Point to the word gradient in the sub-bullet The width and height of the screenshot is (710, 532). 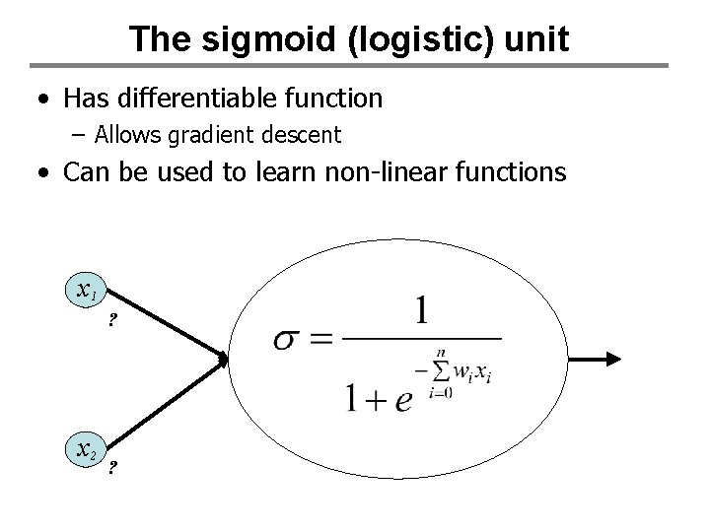click(x=211, y=134)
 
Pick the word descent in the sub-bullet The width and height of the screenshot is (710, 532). click(x=297, y=134)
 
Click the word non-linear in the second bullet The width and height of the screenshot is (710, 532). click(x=384, y=173)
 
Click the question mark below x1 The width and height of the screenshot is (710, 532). click(x=112, y=320)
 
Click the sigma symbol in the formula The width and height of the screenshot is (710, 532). click(x=288, y=340)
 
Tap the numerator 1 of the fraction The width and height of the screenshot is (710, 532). click(x=422, y=313)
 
